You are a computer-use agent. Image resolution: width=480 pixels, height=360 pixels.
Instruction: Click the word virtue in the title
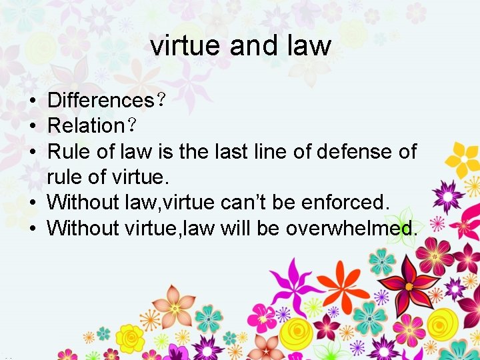click(x=185, y=45)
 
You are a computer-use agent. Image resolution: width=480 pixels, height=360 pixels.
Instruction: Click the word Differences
click(x=101, y=101)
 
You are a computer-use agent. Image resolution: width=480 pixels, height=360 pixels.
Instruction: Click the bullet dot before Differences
click(x=32, y=101)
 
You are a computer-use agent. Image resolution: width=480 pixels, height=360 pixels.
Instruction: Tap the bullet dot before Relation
click(x=32, y=127)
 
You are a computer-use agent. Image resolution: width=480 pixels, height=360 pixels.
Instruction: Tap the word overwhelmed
click(x=351, y=228)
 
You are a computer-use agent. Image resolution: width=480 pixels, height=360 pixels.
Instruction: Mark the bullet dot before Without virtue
click(x=32, y=228)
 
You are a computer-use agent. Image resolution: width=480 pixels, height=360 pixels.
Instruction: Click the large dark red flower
click(x=409, y=284)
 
